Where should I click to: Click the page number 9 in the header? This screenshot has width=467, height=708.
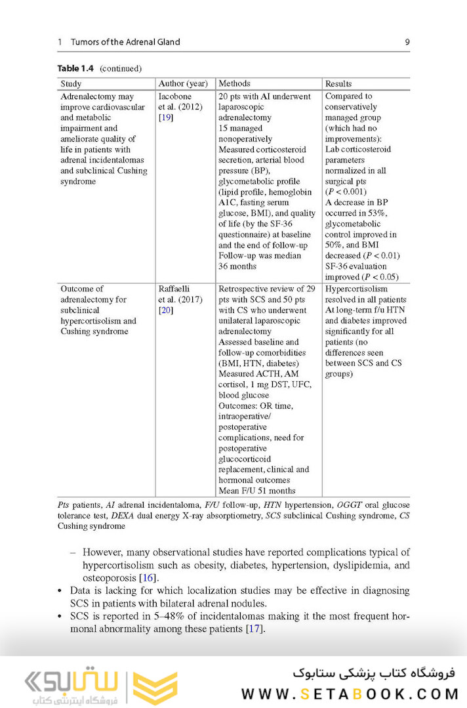407,42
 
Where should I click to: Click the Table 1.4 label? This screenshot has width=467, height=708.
75,68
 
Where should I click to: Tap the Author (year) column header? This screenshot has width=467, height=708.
182,84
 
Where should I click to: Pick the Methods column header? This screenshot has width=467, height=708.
234,84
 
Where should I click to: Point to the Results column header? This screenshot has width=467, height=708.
338,84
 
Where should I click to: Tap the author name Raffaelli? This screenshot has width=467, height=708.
174,289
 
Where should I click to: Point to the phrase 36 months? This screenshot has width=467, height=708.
237,266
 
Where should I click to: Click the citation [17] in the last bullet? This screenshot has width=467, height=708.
254,629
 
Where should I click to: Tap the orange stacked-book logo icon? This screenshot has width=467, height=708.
155,688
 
